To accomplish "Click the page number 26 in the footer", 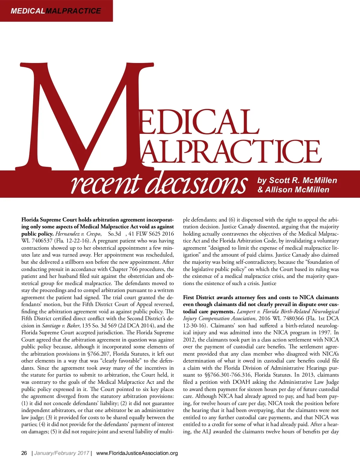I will [x=24, y=453].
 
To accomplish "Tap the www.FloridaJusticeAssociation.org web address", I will [x=137, y=453].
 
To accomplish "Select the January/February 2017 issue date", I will [x=61, y=453].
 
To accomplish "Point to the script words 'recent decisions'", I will [x=159, y=184].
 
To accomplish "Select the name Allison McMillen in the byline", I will [x=297, y=190].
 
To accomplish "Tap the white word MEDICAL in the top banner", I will [x=28, y=11].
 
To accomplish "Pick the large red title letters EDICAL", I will [x=198, y=122].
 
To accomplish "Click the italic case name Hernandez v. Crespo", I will [x=78, y=234].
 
